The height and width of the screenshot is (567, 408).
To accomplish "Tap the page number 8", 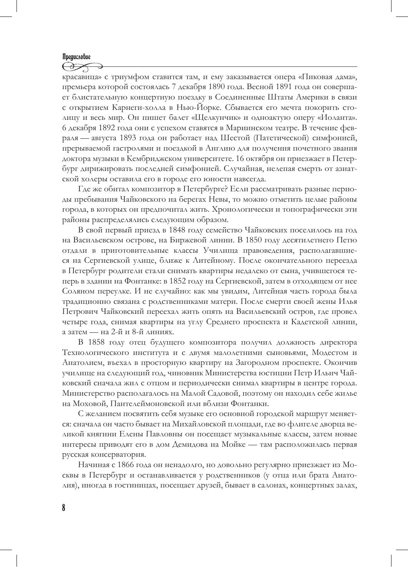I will [x=64, y=508].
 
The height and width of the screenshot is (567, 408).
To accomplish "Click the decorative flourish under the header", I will [x=81, y=67].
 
